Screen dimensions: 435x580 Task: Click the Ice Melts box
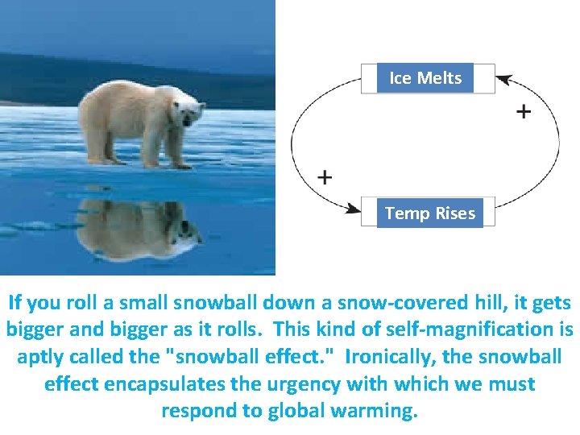click(425, 78)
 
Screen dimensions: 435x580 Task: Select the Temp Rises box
click(429, 213)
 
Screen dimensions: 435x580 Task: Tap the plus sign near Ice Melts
click(523, 111)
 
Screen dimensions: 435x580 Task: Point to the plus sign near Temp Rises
click(325, 177)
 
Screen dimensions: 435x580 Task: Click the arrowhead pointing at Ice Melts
click(503, 79)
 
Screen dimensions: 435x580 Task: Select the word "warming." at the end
click(379, 410)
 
